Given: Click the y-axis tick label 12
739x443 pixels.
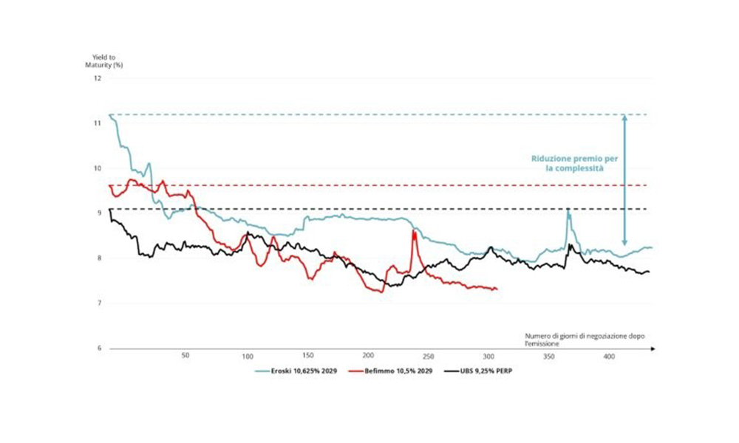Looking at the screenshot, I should coord(97,78).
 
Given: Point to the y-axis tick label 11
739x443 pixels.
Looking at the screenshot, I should coord(97,123).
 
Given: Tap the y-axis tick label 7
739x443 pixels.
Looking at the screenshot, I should coord(98,303).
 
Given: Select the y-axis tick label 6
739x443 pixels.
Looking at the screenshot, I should coord(98,348).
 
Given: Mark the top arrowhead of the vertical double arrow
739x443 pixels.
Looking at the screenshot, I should coord(624,117).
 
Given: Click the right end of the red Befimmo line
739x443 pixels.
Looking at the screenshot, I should coord(497,289).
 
